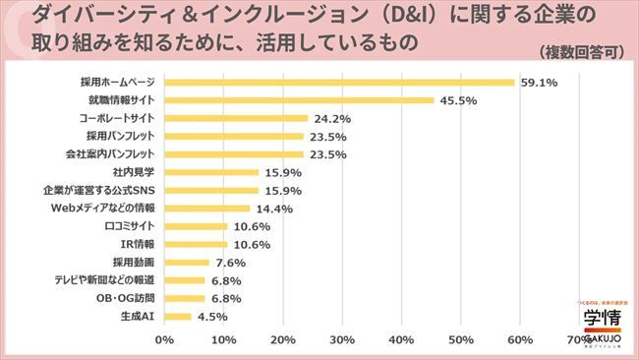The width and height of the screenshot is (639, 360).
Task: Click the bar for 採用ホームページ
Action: (339, 83)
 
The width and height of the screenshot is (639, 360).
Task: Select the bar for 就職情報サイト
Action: (299, 100)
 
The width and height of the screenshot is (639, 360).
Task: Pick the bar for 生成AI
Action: (177, 316)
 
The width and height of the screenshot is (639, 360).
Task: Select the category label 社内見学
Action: (136, 172)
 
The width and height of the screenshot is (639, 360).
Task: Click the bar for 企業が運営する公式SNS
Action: (211, 190)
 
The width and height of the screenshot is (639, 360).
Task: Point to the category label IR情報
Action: (138, 244)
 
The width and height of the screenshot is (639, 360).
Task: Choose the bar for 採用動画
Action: (187, 262)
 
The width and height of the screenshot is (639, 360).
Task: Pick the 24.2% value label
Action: (332, 118)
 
